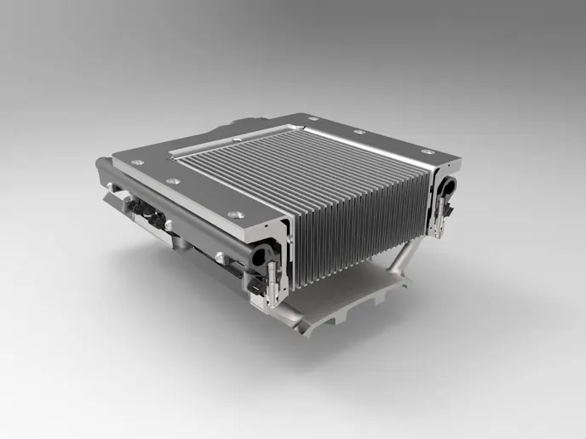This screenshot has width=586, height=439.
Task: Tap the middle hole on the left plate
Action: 175,181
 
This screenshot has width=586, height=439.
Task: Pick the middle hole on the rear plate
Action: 359,132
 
